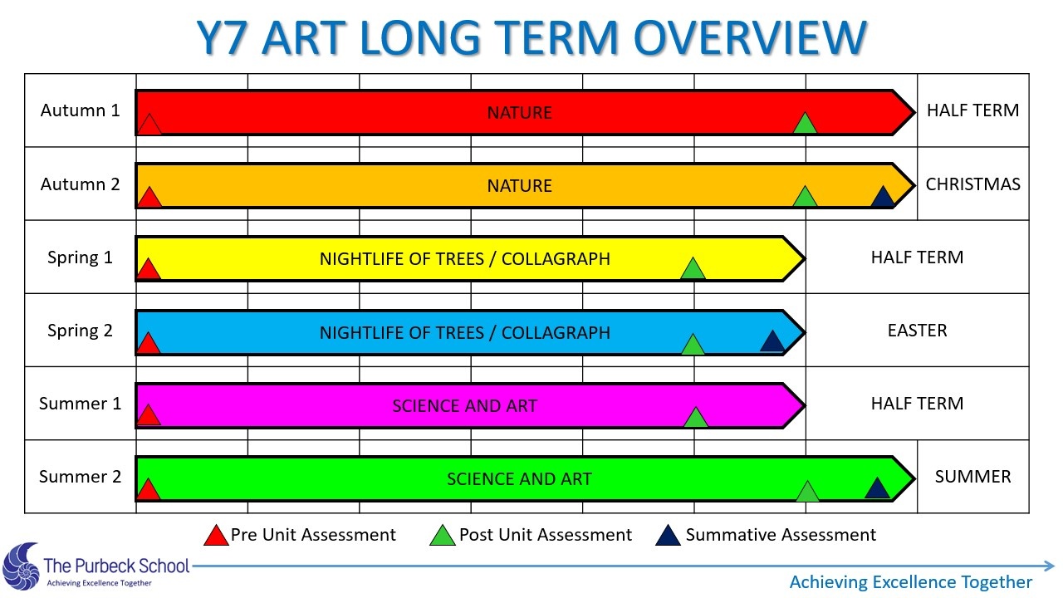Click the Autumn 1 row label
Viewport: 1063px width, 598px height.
click(x=80, y=110)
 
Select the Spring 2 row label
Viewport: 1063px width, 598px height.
click(x=80, y=331)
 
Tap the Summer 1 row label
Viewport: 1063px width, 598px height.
click(x=80, y=404)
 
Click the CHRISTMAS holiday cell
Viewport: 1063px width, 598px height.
click(x=972, y=184)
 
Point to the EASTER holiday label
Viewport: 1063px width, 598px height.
click(x=917, y=331)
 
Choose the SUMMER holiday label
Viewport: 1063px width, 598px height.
click(x=972, y=477)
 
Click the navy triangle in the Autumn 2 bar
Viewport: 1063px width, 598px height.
click(x=883, y=197)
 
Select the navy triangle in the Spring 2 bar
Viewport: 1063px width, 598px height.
click(x=772, y=341)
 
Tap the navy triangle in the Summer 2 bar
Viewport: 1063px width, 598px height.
click(x=877, y=488)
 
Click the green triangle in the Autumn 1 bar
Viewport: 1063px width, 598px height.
click(x=805, y=124)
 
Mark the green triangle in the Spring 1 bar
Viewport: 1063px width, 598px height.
click(x=693, y=268)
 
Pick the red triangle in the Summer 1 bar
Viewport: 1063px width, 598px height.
click(x=148, y=415)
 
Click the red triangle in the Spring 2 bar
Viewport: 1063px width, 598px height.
click(x=148, y=343)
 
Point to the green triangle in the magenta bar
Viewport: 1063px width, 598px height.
click(x=696, y=418)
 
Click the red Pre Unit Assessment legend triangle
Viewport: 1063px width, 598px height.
click(x=217, y=536)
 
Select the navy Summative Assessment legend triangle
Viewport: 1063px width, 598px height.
click(x=669, y=536)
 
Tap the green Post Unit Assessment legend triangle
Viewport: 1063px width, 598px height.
click(x=443, y=536)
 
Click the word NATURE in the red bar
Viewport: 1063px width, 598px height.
click(x=520, y=113)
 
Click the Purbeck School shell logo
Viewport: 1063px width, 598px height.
click(x=22, y=567)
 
